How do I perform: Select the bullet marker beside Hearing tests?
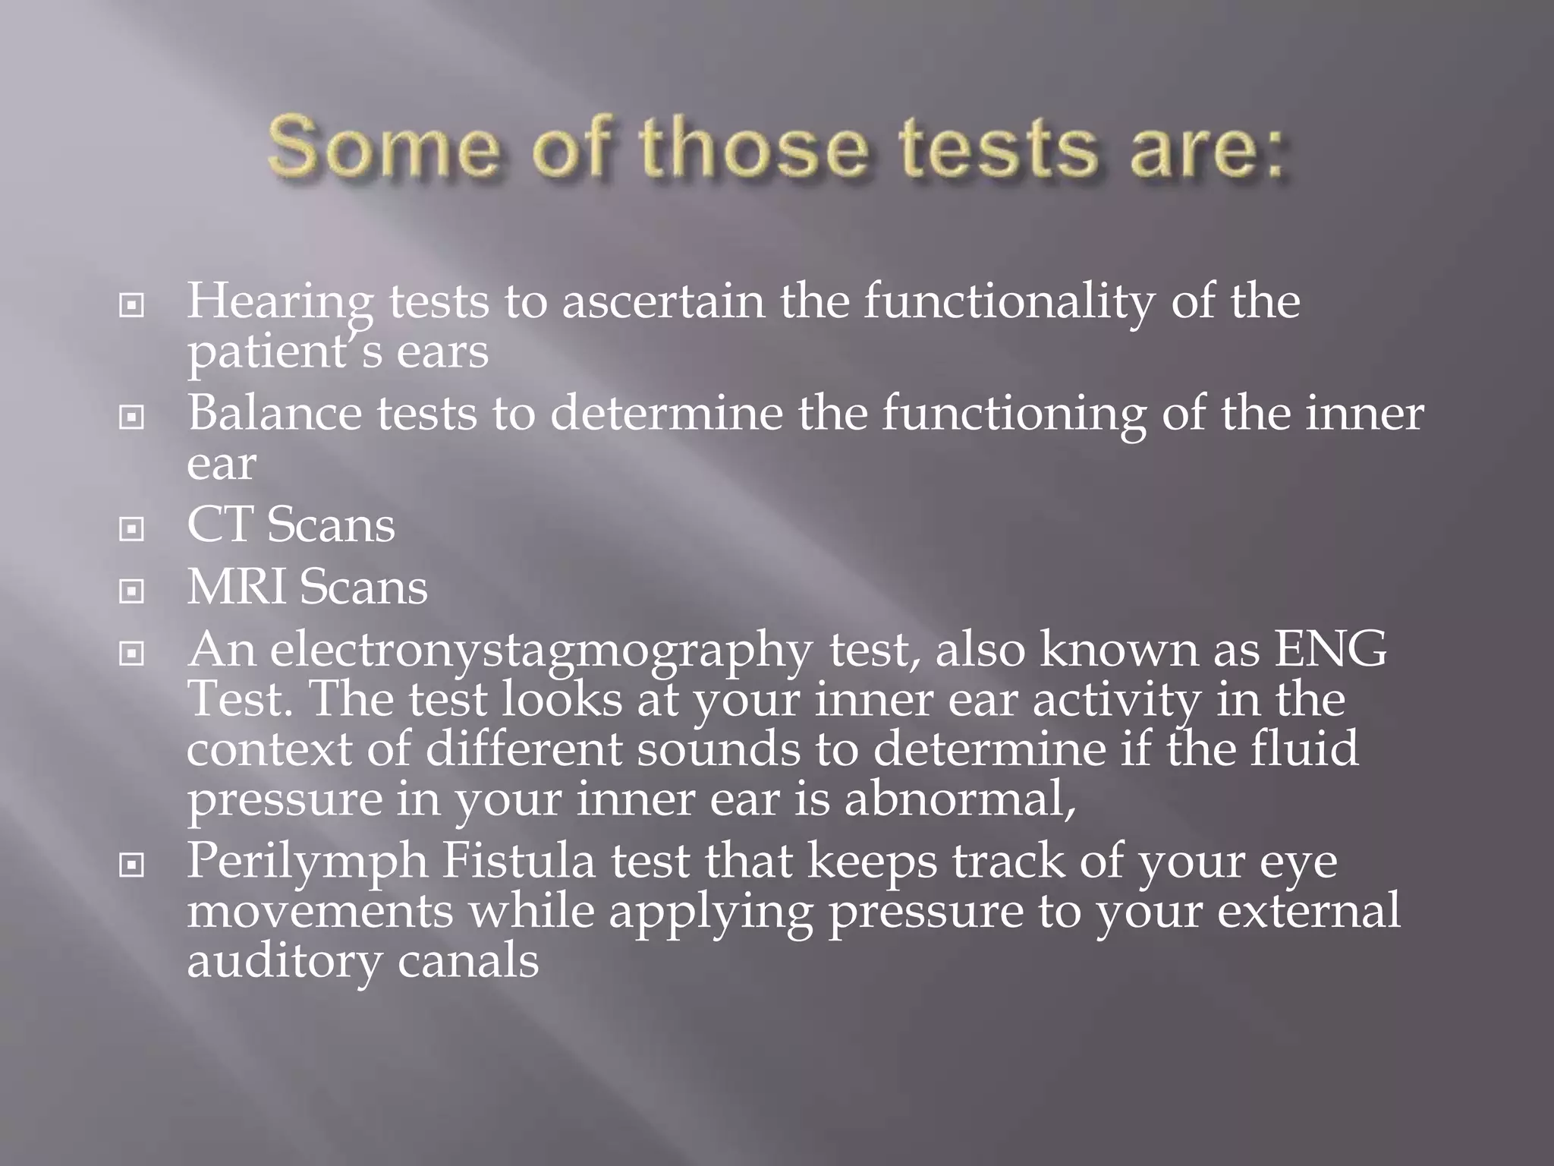pyautogui.click(x=132, y=306)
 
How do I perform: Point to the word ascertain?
pyautogui.click(x=663, y=301)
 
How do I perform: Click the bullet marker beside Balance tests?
pyautogui.click(x=132, y=417)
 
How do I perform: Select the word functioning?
pyautogui.click(x=1014, y=414)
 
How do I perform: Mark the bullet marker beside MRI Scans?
pyautogui.click(x=132, y=591)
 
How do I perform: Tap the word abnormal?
pyautogui.click(x=959, y=799)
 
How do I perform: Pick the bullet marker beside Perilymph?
pyautogui.click(x=132, y=865)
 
